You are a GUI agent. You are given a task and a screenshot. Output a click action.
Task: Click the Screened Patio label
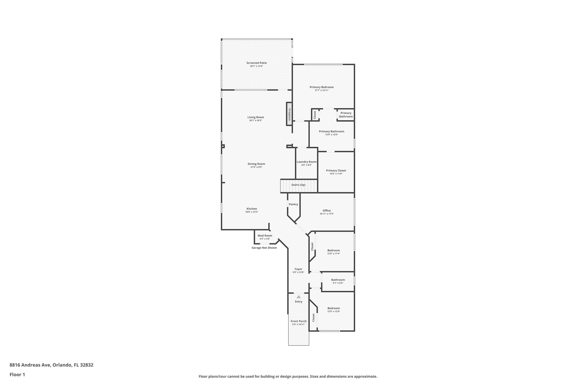point(256,63)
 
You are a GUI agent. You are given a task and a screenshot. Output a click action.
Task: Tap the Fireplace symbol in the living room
point(289,114)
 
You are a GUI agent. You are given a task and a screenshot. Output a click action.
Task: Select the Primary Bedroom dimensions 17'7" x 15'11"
point(321,90)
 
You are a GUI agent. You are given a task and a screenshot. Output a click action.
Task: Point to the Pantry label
point(293,205)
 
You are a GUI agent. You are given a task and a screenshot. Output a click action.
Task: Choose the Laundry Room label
point(307,162)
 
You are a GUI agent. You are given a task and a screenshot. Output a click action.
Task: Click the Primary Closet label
point(336,170)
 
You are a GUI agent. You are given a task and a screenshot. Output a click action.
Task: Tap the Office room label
point(327,211)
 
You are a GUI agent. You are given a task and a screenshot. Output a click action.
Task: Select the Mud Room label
point(265,236)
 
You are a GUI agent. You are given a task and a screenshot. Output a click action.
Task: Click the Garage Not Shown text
point(264,248)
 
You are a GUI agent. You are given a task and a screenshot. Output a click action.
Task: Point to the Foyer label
point(298,269)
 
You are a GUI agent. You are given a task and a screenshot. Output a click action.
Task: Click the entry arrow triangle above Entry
point(299,297)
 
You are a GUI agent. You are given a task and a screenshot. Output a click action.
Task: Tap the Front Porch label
point(298,321)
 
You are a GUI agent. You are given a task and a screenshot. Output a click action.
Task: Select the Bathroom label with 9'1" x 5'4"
point(338,280)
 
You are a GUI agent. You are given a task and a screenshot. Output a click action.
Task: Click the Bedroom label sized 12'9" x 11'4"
point(334,250)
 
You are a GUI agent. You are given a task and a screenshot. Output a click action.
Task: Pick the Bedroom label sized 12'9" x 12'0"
point(334,308)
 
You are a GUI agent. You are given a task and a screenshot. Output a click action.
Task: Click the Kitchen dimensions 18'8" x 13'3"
point(252,212)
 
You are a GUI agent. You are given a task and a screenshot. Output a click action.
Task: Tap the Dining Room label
point(256,164)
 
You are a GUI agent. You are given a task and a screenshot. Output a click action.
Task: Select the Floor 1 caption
point(17,374)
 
